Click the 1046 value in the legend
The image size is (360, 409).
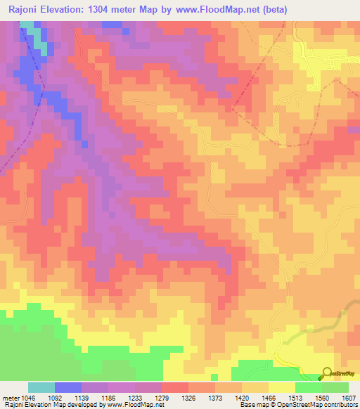[x=27, y=397]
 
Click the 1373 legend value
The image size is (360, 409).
[x=260, y=397]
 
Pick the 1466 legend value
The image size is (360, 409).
[x=326, y=397]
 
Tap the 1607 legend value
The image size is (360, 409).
[x=348, y=397]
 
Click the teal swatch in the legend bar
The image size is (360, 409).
[x=41, y=387]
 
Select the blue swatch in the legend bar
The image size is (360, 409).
[x=68, y=387]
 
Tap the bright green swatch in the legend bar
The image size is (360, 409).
[x=309, y=387]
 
